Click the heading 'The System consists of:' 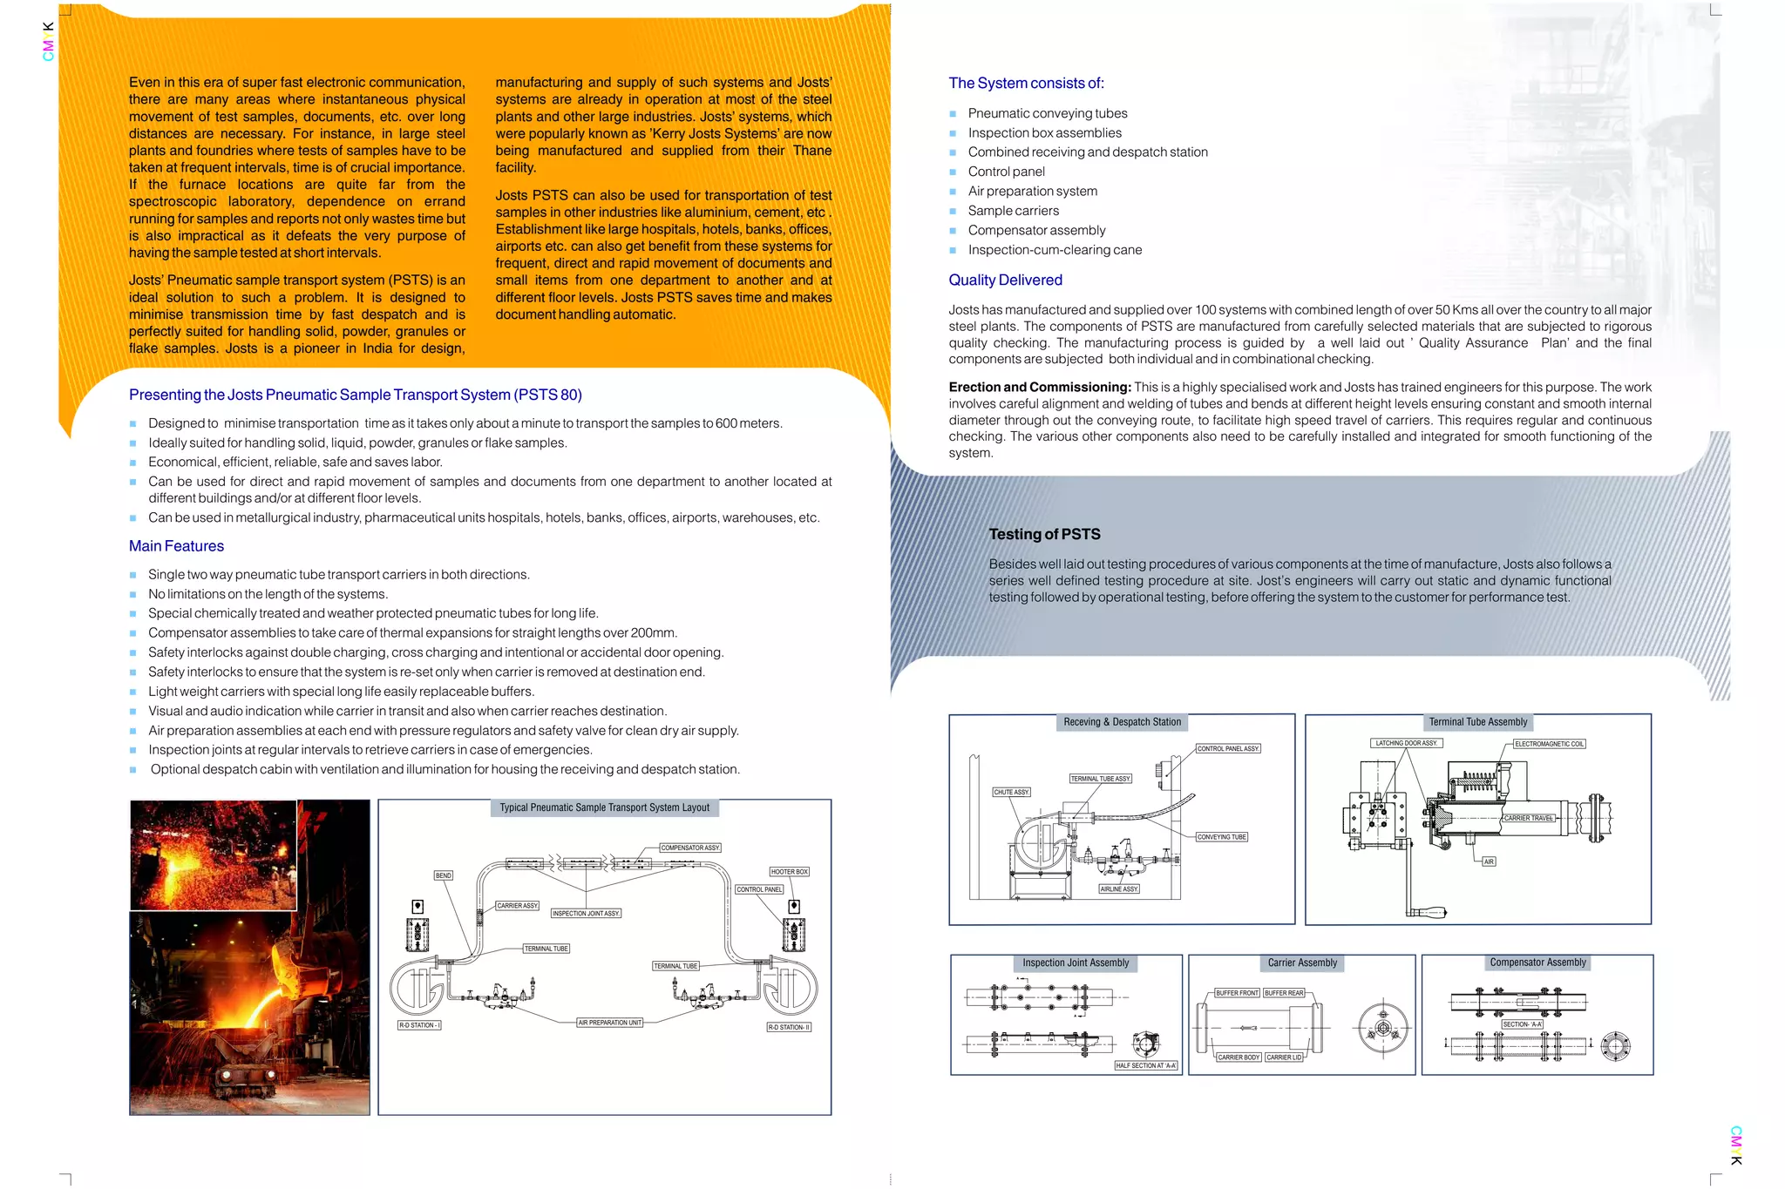coord(1026,84)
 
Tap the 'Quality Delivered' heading coord(1005,280)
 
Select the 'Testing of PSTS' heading coord(1044,535)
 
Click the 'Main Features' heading coord(176,546)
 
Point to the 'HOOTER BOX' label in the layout coord(789,872)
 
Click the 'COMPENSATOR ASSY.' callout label coord(690,848)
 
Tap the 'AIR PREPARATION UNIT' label coord(610,1023)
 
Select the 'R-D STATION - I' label coord(419,1025)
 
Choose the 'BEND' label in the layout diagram coord(444,875)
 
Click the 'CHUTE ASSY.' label coord(1012,793)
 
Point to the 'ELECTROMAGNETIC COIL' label coord(1549,744)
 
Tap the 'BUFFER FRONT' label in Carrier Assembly coord(1237,993)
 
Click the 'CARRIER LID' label coord(1284,1057)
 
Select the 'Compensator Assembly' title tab coord(1537,963)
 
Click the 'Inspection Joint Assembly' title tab coord(1076,963)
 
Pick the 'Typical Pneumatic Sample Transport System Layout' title coord(604,808)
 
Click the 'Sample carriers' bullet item coord(1013,211)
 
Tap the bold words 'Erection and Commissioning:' coord(1040,388)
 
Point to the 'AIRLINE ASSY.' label coord(1119,889)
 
